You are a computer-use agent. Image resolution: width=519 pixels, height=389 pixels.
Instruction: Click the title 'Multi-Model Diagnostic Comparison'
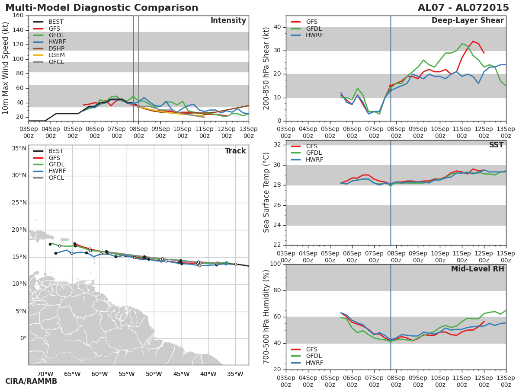[x=102, y=8]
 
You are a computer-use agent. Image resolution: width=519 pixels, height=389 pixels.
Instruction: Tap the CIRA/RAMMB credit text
[x=31, y=381]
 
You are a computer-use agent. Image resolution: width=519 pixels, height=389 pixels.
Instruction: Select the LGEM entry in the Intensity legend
[x=56, y=55]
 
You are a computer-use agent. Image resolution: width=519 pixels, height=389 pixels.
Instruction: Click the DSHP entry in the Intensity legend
[x=56, y=48]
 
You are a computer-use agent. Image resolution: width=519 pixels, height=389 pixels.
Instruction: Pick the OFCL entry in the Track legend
[x=56, y=178]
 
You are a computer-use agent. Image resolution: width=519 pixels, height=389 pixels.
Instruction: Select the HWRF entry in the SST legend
[x=314, y=160]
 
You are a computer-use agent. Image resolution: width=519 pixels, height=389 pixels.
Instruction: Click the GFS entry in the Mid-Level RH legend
[x=311, y=349]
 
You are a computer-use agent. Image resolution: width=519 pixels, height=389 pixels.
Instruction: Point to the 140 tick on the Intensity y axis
[x=18, y=30]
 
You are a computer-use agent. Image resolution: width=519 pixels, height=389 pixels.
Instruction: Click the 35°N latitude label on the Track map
[x=19, y=149]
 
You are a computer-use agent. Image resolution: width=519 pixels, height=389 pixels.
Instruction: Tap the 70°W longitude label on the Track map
[x=45, y=374]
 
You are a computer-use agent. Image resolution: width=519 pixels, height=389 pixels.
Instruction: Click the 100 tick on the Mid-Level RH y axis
[x=276, y=264]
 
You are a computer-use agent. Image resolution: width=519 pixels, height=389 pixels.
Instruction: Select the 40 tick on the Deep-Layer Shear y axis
[x=277, y=27]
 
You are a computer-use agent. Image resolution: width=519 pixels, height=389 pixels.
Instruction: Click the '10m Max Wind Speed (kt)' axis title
[x=6, y=68]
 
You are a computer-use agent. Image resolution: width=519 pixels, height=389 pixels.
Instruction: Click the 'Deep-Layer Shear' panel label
[x=468, y=21]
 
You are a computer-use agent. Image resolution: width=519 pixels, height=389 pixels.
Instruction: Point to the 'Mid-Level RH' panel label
[x=477, y=269]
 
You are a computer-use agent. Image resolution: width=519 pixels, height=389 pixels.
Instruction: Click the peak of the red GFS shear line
[x=473, y=41]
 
